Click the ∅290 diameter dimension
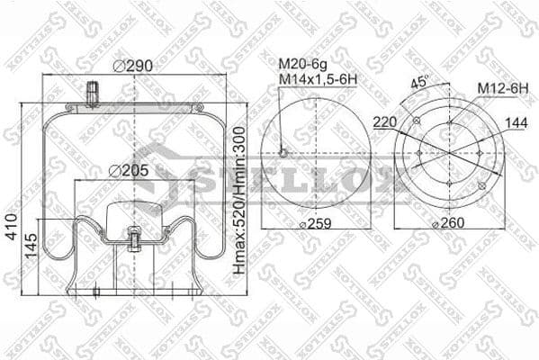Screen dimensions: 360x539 click(134, 65)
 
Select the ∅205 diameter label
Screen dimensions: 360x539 click(128, 170)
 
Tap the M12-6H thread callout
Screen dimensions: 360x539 click(501, 86)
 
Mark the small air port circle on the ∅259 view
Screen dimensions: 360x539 click(283, 152)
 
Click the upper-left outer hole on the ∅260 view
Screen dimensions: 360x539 click(416, 121)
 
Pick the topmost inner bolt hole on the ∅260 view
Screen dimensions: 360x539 click(449, 121)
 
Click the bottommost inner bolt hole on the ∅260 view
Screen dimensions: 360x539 click(449, 185)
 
